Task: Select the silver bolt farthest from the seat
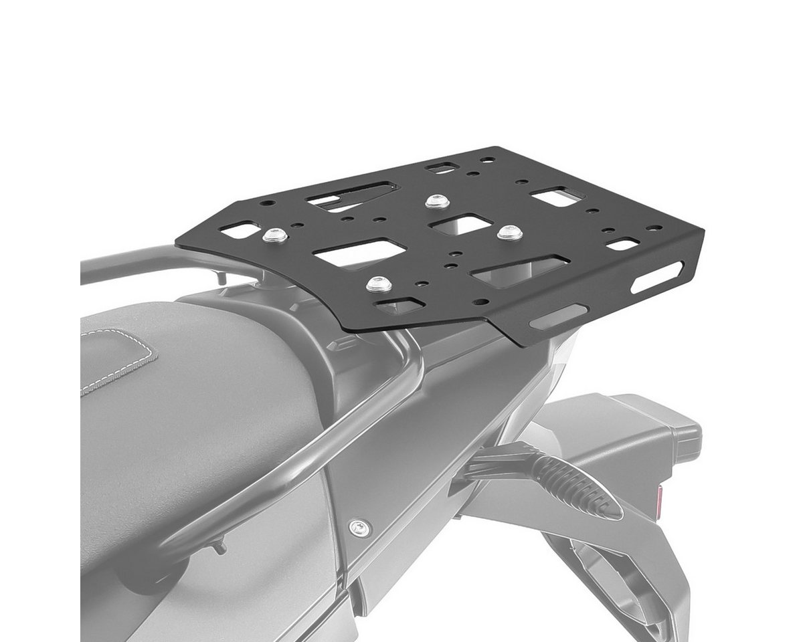437,200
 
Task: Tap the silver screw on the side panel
361,528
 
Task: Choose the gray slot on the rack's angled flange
557,317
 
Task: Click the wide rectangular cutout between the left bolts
360,253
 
